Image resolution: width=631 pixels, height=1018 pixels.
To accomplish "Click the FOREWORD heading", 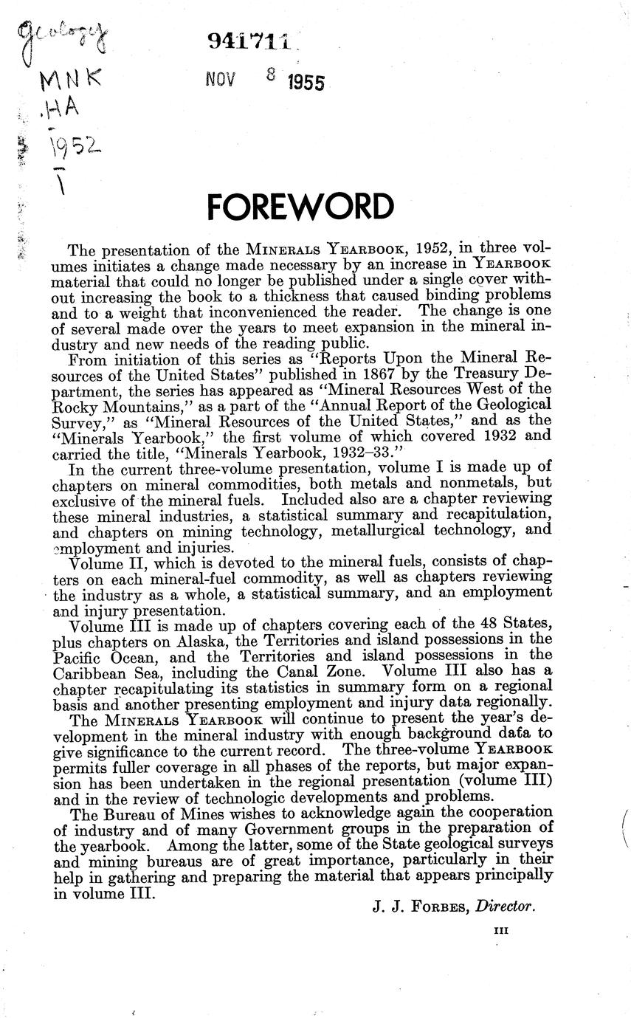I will pyautogui.click(x=300, y=207).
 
